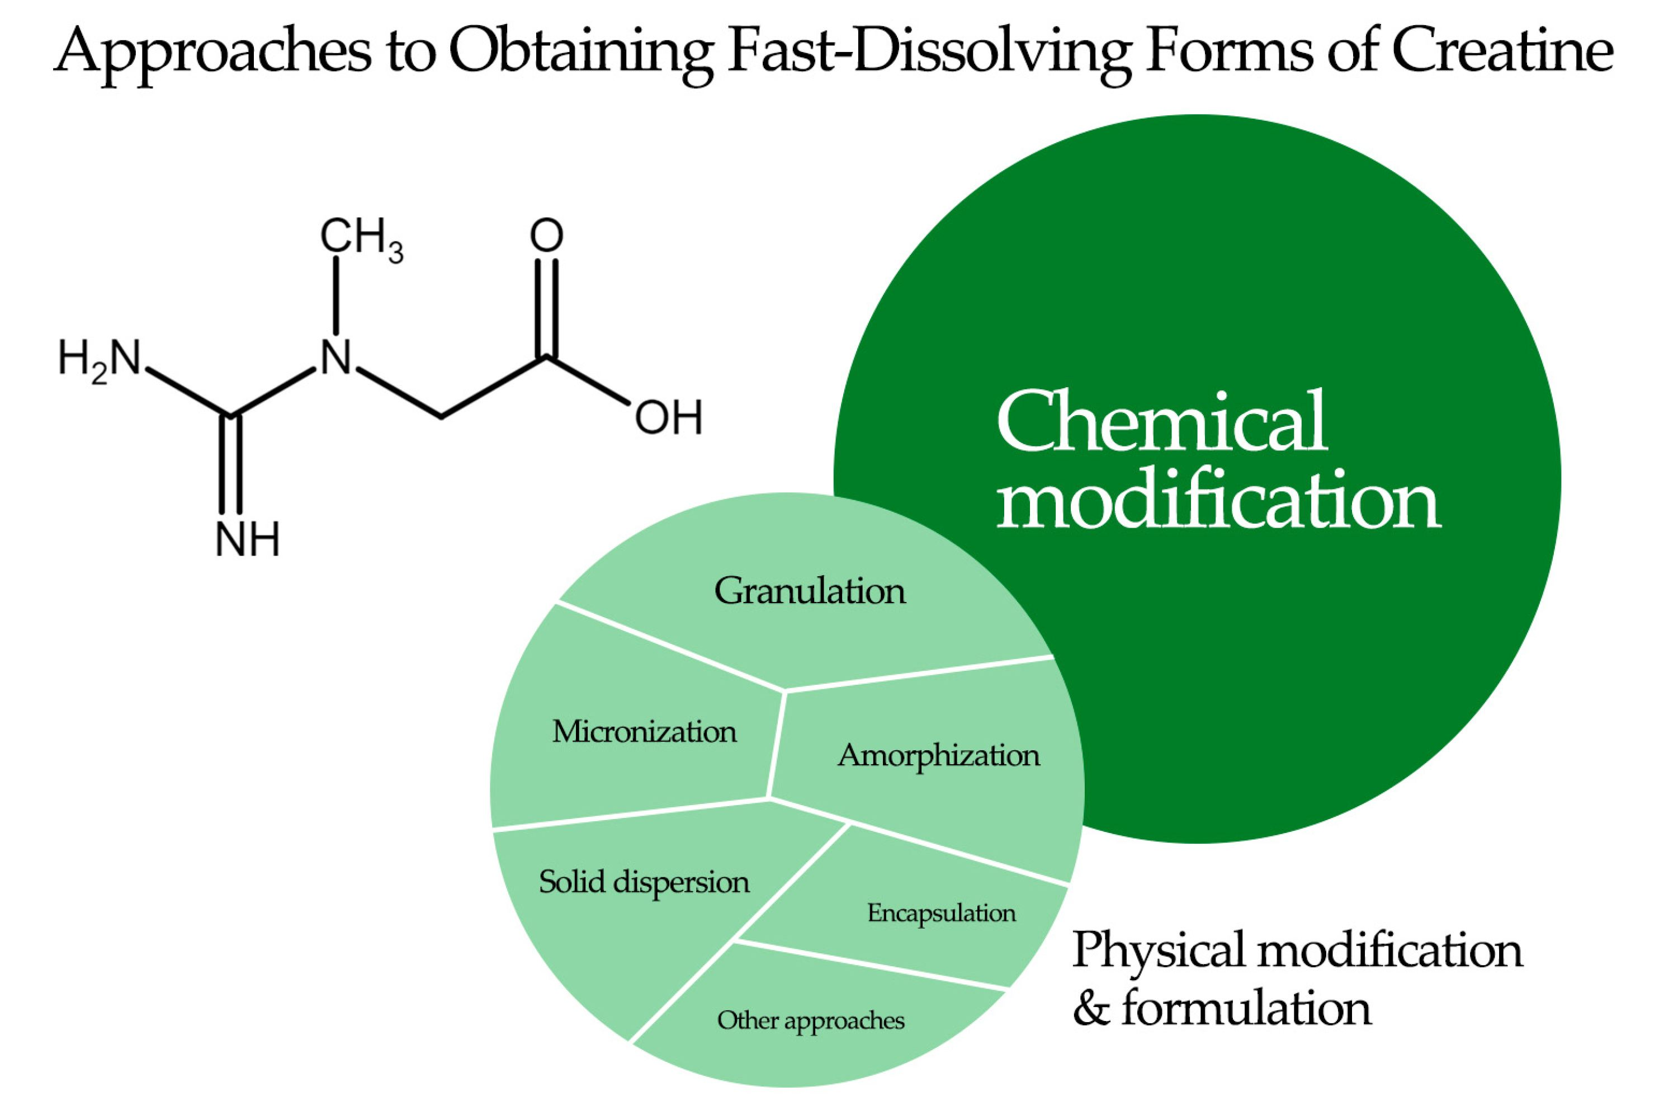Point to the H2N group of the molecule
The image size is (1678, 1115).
click(x=100, y=359)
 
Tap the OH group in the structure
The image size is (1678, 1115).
click(x=668, y=417)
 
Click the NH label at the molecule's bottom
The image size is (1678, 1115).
click(x=247, y=541)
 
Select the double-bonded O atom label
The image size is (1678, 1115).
click(x=546, y=236)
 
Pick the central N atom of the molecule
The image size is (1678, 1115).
click(x=335, y=357)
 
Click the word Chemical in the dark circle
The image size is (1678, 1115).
click(x=1162, y=422)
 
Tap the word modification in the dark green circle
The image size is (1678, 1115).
click(x=1218, y=501)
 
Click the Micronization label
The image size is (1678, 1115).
click(x=644, y=732)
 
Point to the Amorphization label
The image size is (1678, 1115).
click(x=938, y=756)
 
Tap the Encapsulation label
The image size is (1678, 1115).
click(x=941, y=913)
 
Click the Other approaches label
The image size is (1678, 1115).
click(x=810, y=1021)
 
